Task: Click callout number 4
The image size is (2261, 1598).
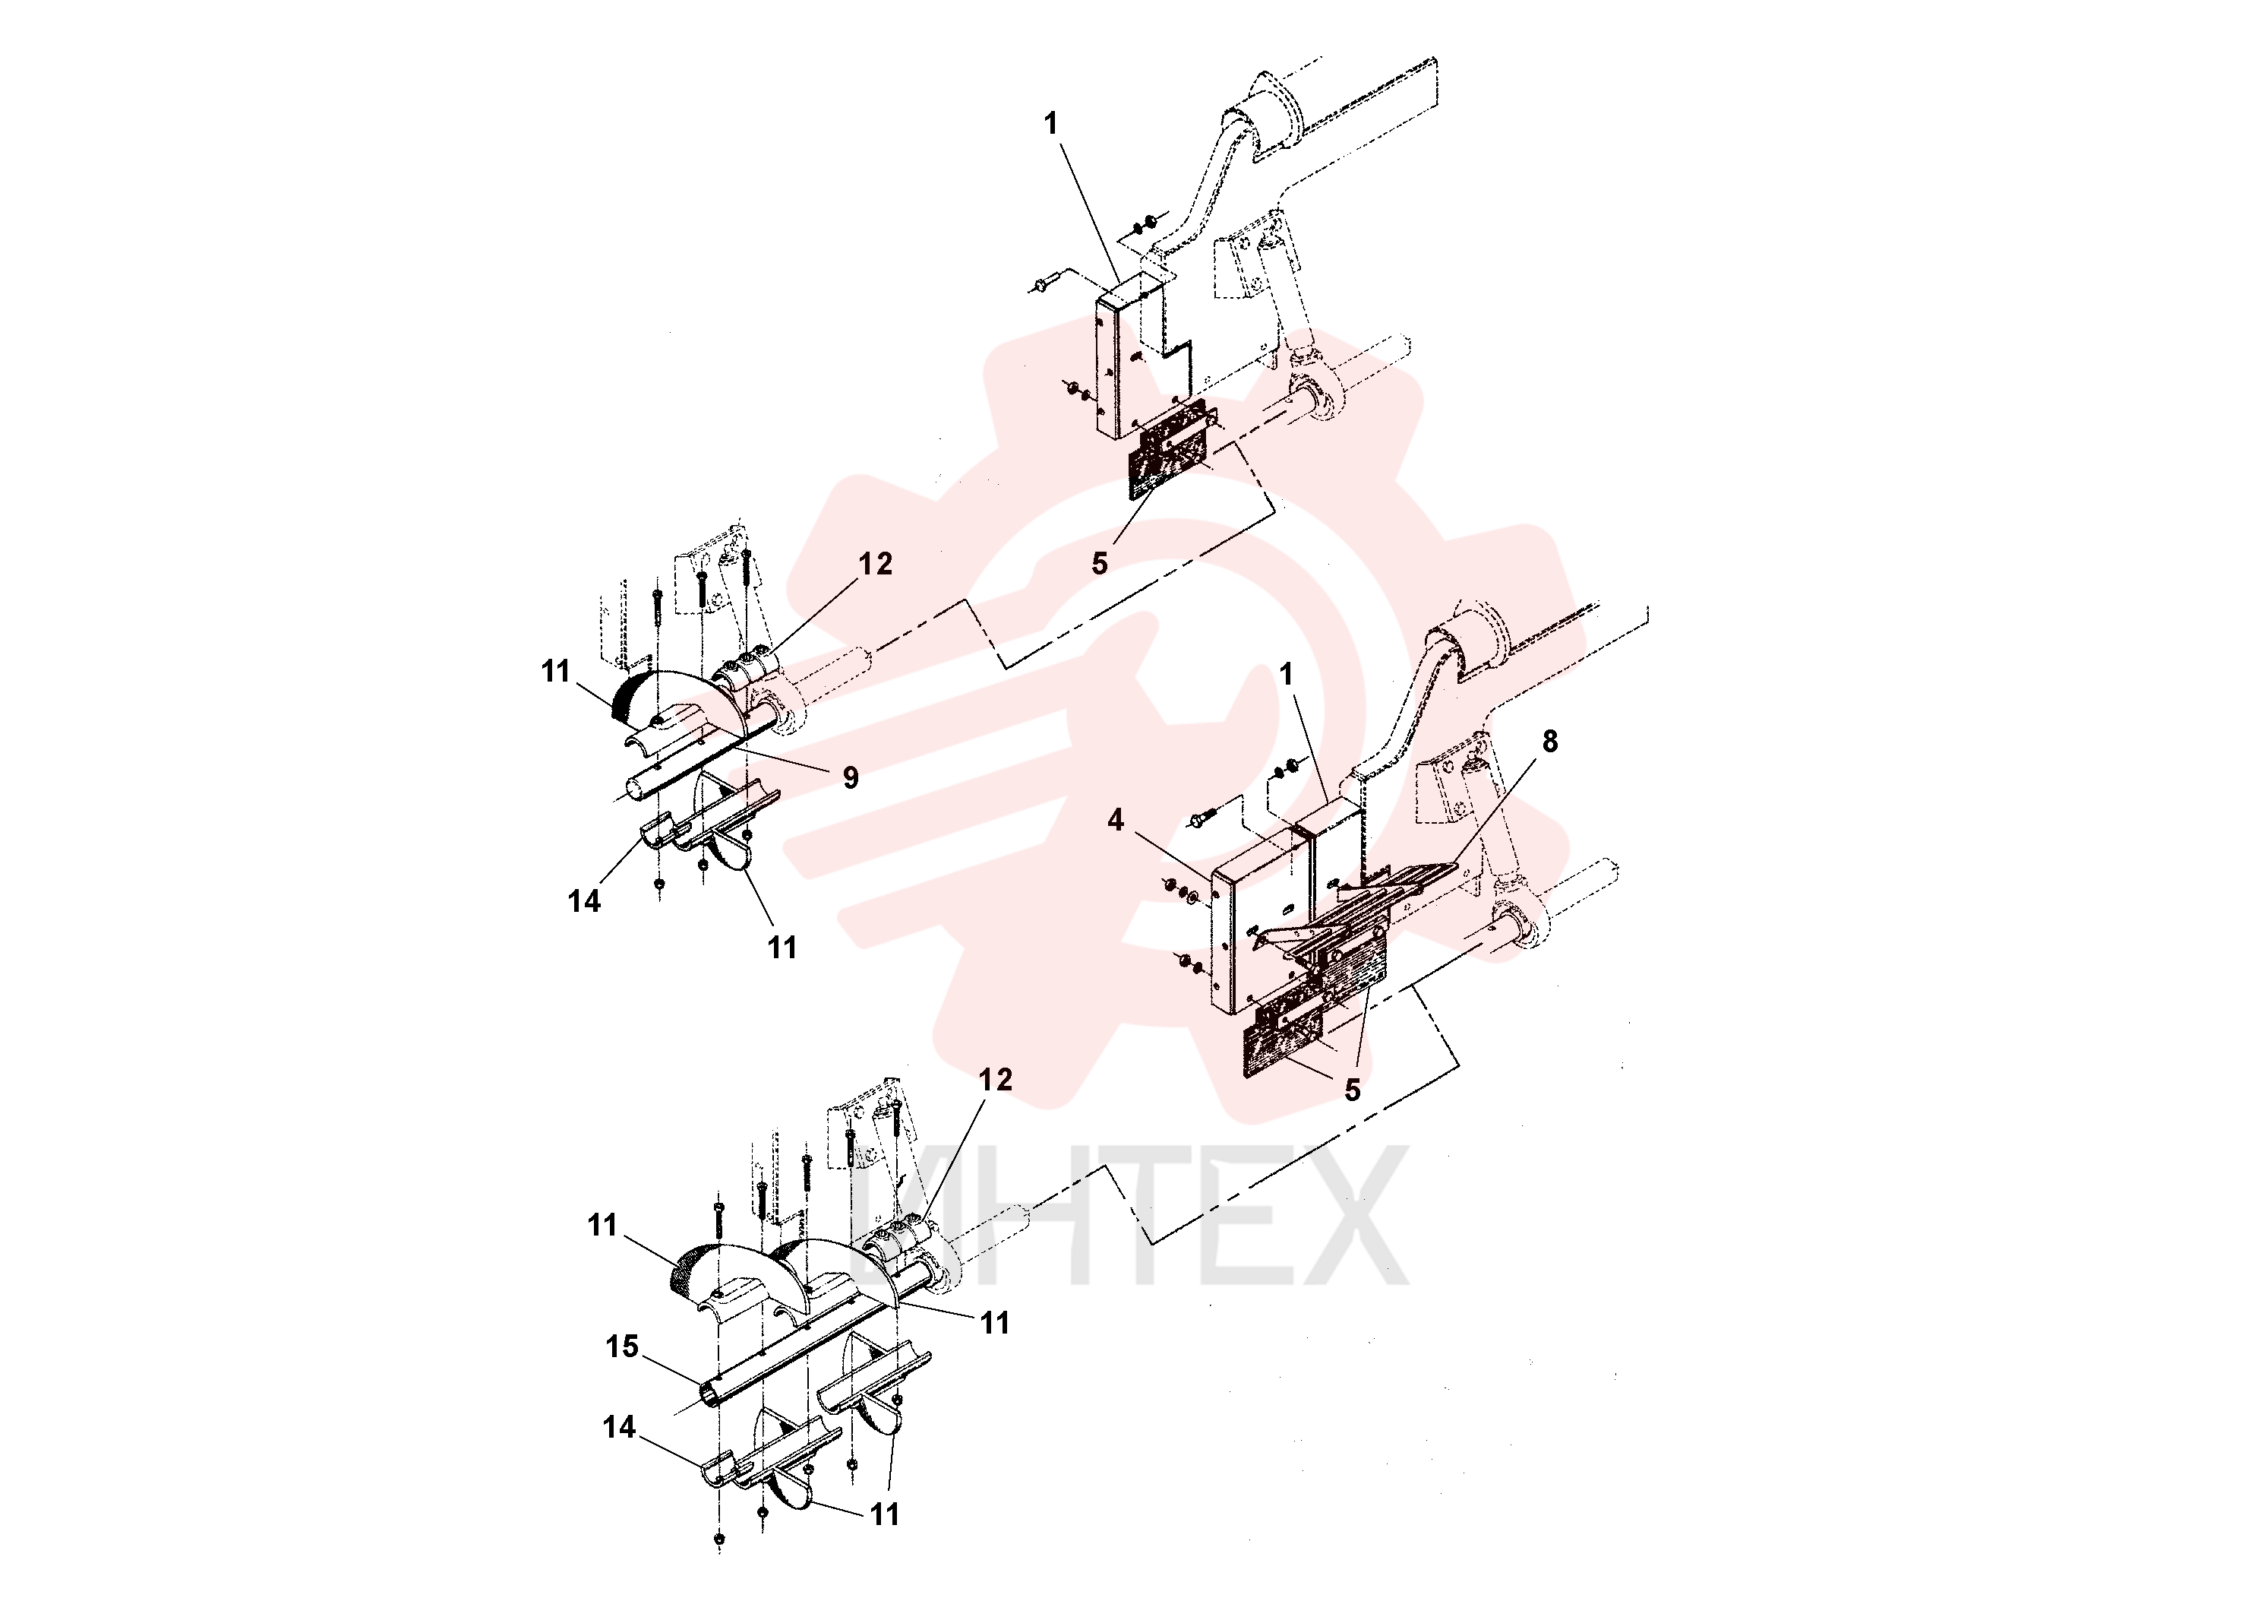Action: (1115, 821)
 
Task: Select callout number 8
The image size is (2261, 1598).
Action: (1550, 742)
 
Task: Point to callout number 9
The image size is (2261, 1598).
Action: (851, 778)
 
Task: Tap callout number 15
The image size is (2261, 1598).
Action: (622, 1346)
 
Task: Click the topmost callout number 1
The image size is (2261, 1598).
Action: (1050, 123)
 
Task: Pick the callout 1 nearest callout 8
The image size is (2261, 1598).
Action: (1285, 675)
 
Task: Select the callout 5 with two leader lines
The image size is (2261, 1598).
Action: (1353, 1090)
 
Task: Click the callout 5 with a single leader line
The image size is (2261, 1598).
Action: (1100, 565)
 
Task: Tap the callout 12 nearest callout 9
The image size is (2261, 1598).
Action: (876, 565)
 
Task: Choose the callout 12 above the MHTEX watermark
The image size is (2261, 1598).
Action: (996, 1080)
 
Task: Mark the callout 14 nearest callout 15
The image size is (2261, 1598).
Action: (620, 1428)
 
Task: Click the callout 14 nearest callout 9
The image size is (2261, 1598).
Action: (584, 901)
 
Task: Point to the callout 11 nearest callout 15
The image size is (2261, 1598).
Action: (603, 1226)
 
